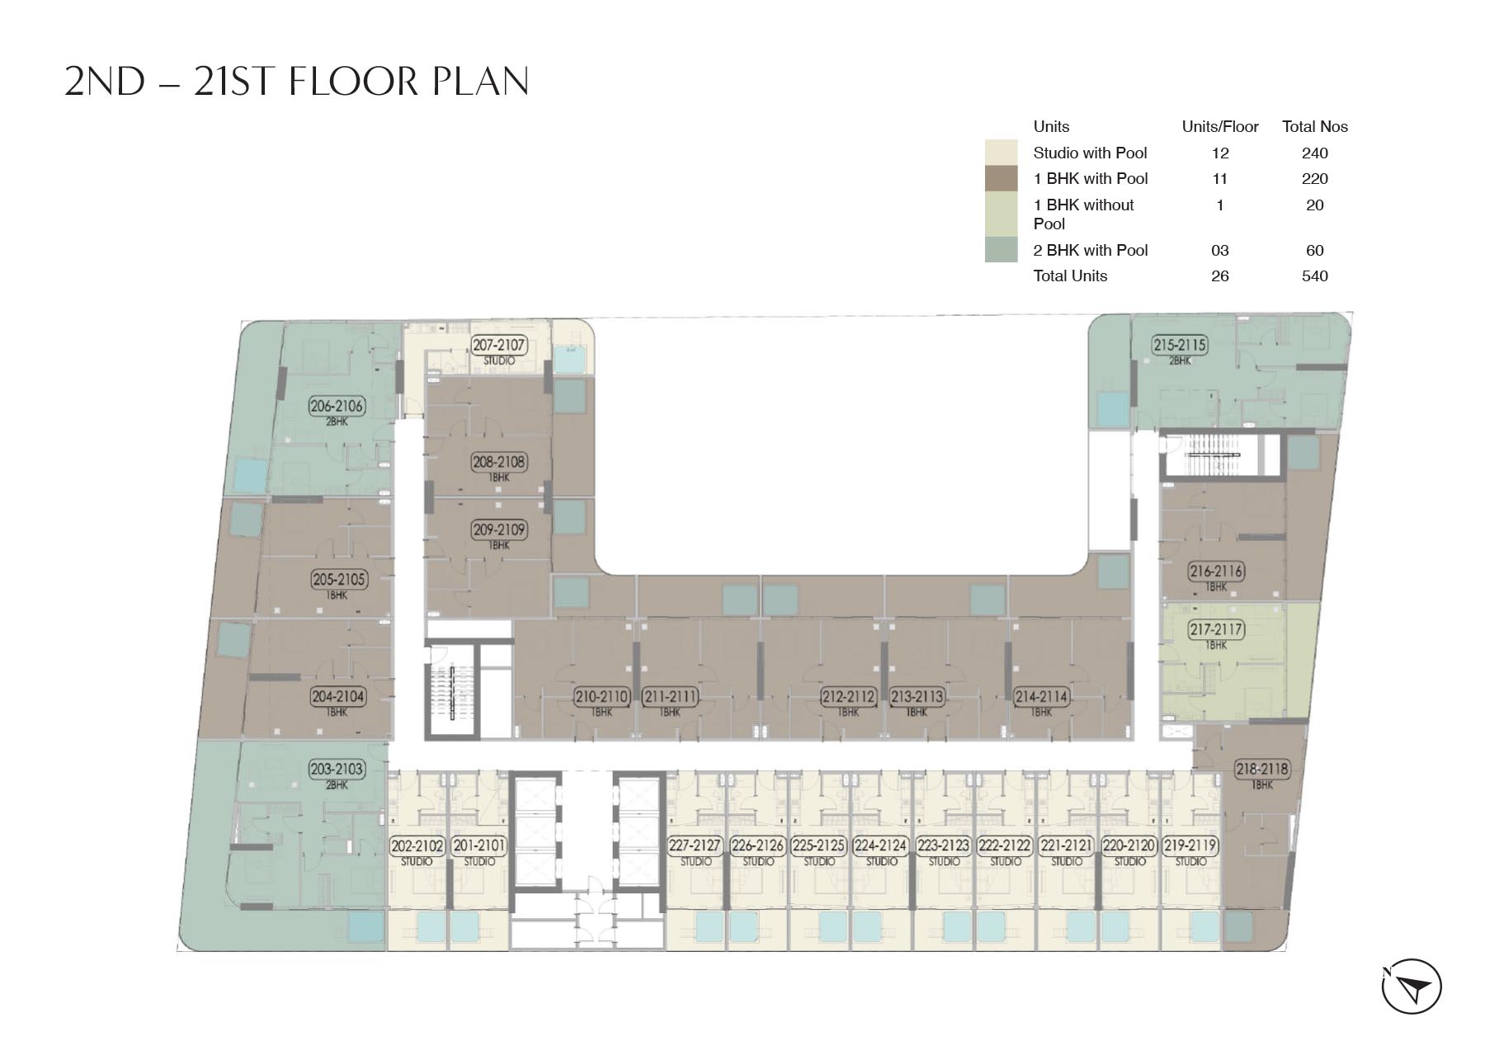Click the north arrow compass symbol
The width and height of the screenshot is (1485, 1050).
(1412, 986)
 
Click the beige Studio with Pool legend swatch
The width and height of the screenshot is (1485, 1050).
(1001, 153)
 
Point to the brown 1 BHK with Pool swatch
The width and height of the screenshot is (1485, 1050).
(1001, 178)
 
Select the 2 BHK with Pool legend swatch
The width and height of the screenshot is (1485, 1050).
(1001, 250)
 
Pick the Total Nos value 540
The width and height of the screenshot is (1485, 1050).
(1314, 276)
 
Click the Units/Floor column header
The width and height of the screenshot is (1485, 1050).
(1220, 127)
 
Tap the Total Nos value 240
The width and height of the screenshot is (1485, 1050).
(1314, 153)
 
